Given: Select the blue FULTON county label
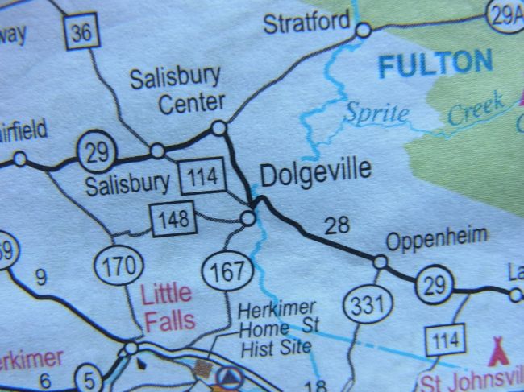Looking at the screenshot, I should [435, 64].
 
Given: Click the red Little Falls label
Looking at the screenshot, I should [167, 307].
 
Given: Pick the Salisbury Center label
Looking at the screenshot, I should [175, 90].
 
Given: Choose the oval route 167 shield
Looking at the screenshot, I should [227, 271].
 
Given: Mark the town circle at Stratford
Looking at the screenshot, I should [363, 31].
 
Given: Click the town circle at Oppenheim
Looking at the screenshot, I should [380, 262].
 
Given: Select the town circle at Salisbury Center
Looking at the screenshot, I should [218, 127].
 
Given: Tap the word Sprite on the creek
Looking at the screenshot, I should [376, 113].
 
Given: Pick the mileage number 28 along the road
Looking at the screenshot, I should [336, 226].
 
